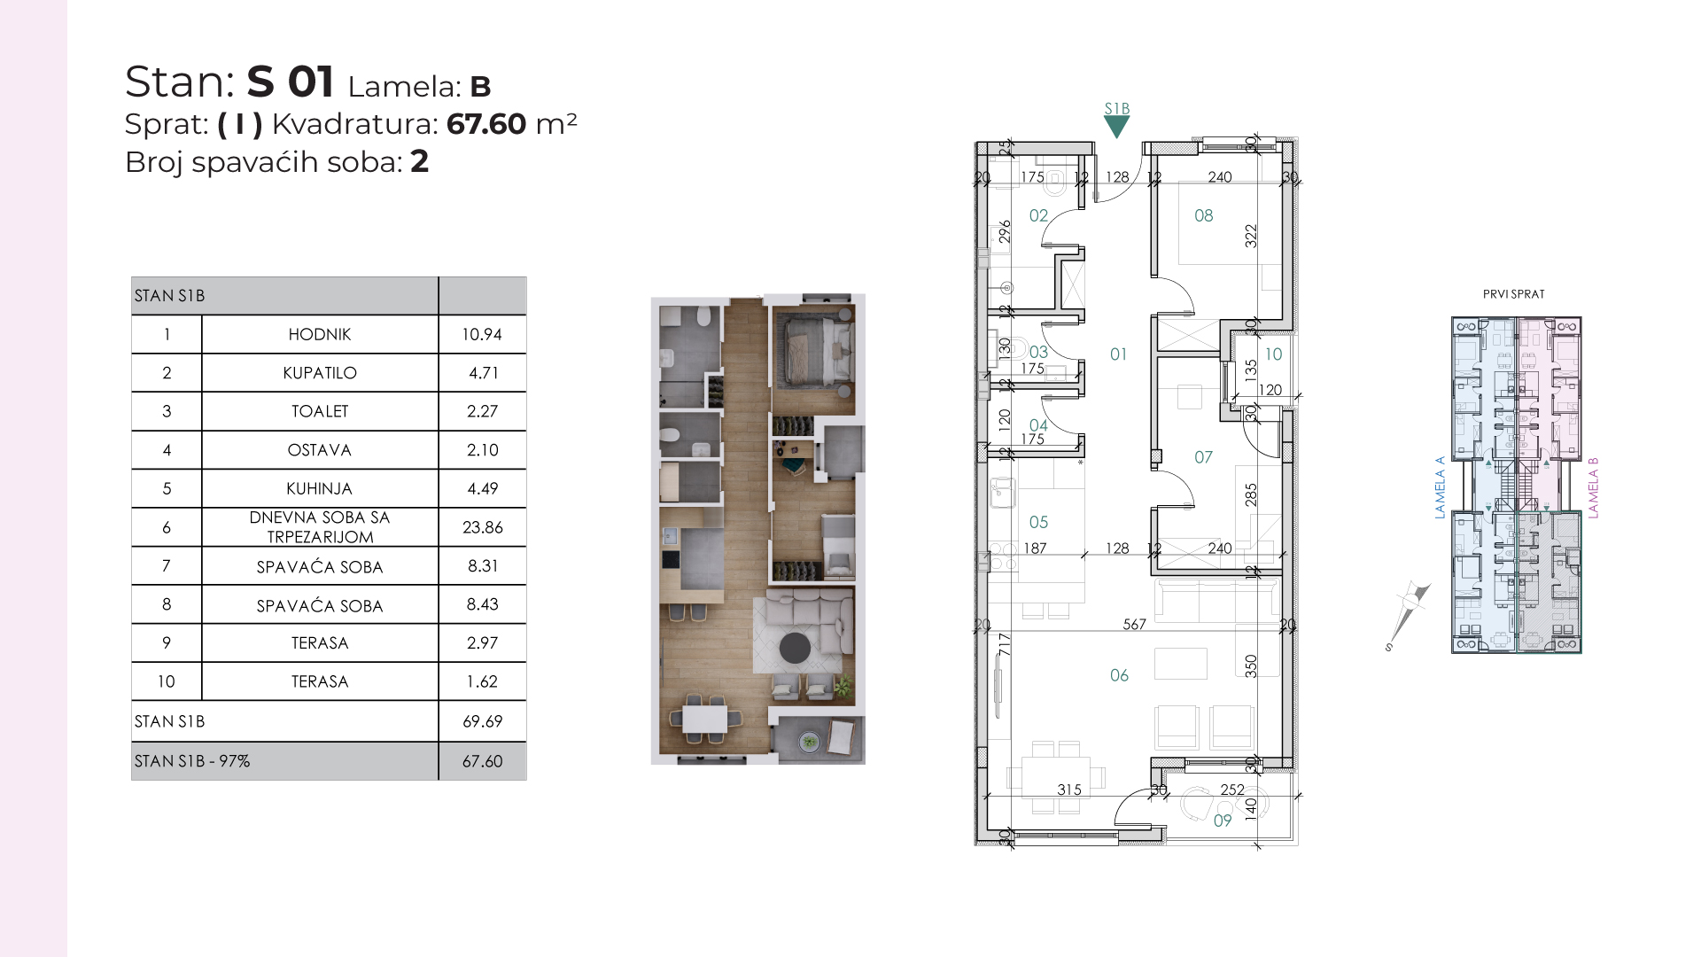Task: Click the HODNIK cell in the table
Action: pyautogui.click(x=320, y=334)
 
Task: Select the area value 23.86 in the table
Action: pyautogui.click(x=483, y=527)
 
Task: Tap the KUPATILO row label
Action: pyautogui.click(x=320, y=373)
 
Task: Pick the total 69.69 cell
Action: pyautogui.click(x=483, y=721)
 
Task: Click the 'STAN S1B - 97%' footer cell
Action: pyautogui.click(x=192, y=761)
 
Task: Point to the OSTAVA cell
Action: pyautogui.click(x=320, y=450)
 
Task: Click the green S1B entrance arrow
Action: pyautogui.click(x=1116, y=126)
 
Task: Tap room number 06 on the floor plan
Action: pyautogui.click(x=1119, y=675)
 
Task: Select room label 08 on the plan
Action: pyautogui.click(x=1203, y=215)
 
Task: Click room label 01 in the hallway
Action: pyautogui.click(x=1118, y=354)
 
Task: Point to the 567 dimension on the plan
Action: pyautogui.click(x=1135, y=625)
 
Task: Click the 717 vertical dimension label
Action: pyautogui.click(x=1004, y=644)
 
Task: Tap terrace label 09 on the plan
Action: pyautogui.click(x=1223, y=821)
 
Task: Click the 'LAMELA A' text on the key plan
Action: pyautogui.click(x=1440, y=487)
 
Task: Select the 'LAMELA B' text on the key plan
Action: pyautogui.click(x=1593, y=488)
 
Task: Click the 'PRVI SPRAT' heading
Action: pyautogui.click(x=1514, y=294)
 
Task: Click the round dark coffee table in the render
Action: pyautogui.click(x=795, y=648)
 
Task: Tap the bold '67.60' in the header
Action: pyautogui.click(x=486, y=124)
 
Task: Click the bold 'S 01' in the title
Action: pyautogui.click(x=290, y=82)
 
